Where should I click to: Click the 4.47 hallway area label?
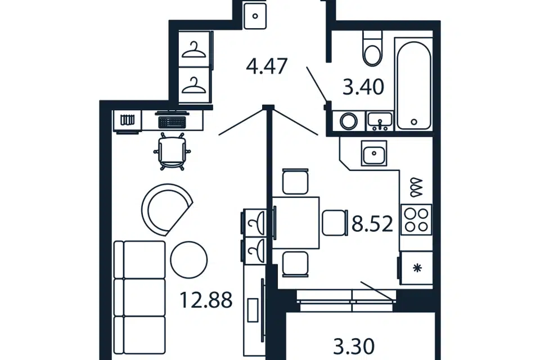point(267,66)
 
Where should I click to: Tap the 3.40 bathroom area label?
point(363,87)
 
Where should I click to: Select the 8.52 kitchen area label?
point(372,224)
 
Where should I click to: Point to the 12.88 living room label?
point(206,300)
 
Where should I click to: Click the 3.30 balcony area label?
point(354,346)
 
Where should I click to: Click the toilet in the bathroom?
point(372,48)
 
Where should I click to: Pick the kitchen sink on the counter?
point(374,154)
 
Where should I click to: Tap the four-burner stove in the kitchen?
point(416,220)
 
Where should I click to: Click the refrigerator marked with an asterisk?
point(416,268)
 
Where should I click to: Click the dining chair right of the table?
point(334,223)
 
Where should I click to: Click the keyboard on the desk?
point(172,122)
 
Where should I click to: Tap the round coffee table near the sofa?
point(189,259)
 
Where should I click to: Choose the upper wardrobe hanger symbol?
point(194,50)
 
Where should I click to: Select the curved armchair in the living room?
point(166,209)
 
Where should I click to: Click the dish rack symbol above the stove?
point(416,188)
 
